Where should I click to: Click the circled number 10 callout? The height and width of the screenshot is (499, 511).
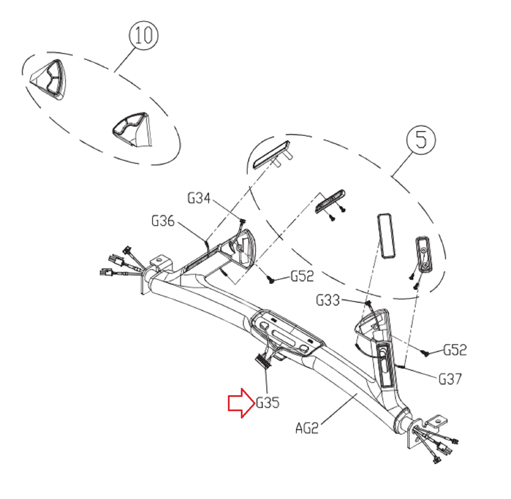144,35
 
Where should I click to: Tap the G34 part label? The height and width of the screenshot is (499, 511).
199,198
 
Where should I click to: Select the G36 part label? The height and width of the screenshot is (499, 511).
163,221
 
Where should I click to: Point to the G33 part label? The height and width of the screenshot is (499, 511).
328,300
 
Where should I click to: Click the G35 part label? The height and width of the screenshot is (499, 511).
268,403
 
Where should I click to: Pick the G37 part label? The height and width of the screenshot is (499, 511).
450,379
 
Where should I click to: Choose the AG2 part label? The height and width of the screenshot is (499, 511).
307,428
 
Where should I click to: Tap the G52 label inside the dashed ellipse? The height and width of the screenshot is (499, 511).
302,276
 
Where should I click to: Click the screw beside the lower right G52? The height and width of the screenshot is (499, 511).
425,353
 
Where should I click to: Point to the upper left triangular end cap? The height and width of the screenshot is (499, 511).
49,79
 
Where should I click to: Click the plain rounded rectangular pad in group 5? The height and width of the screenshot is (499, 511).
386,236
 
